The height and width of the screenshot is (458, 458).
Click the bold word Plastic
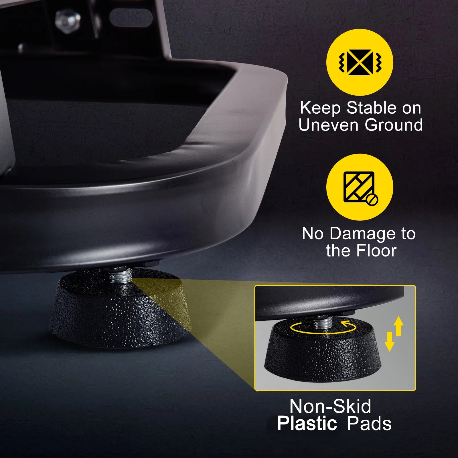tap(307, 424)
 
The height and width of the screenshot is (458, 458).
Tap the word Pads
tap(369, 424)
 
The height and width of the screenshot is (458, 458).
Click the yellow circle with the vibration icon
tap(360, 62)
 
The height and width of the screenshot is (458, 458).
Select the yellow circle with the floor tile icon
tap(360, 187)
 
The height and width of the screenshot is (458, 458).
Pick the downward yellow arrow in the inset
tap(389, 341)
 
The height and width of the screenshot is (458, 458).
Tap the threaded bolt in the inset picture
tap(323, 323)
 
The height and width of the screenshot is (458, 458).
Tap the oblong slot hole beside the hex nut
tap(130, 18)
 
